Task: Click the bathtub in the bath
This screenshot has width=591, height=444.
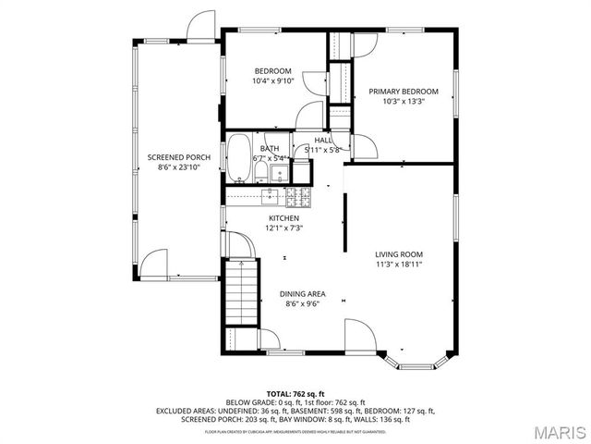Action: tap(239, 159)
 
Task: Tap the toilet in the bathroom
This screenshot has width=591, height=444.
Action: tap(261, 173)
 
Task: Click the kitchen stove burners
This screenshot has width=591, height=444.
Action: tap(299, 195)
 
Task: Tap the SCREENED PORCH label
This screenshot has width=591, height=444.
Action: tap(179, 157)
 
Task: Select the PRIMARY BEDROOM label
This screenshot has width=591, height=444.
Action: tap(404, 92)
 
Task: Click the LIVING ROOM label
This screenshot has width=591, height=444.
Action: tap(399, 253)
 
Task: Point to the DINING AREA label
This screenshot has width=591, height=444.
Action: tap(304, 294)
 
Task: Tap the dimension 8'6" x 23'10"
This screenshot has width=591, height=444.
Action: tap(179, 167)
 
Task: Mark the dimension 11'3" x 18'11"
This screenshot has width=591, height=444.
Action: tap(399, 264)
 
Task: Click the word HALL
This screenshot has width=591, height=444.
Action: tap(323, 140)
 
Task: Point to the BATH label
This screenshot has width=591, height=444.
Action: tap(270, 149)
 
